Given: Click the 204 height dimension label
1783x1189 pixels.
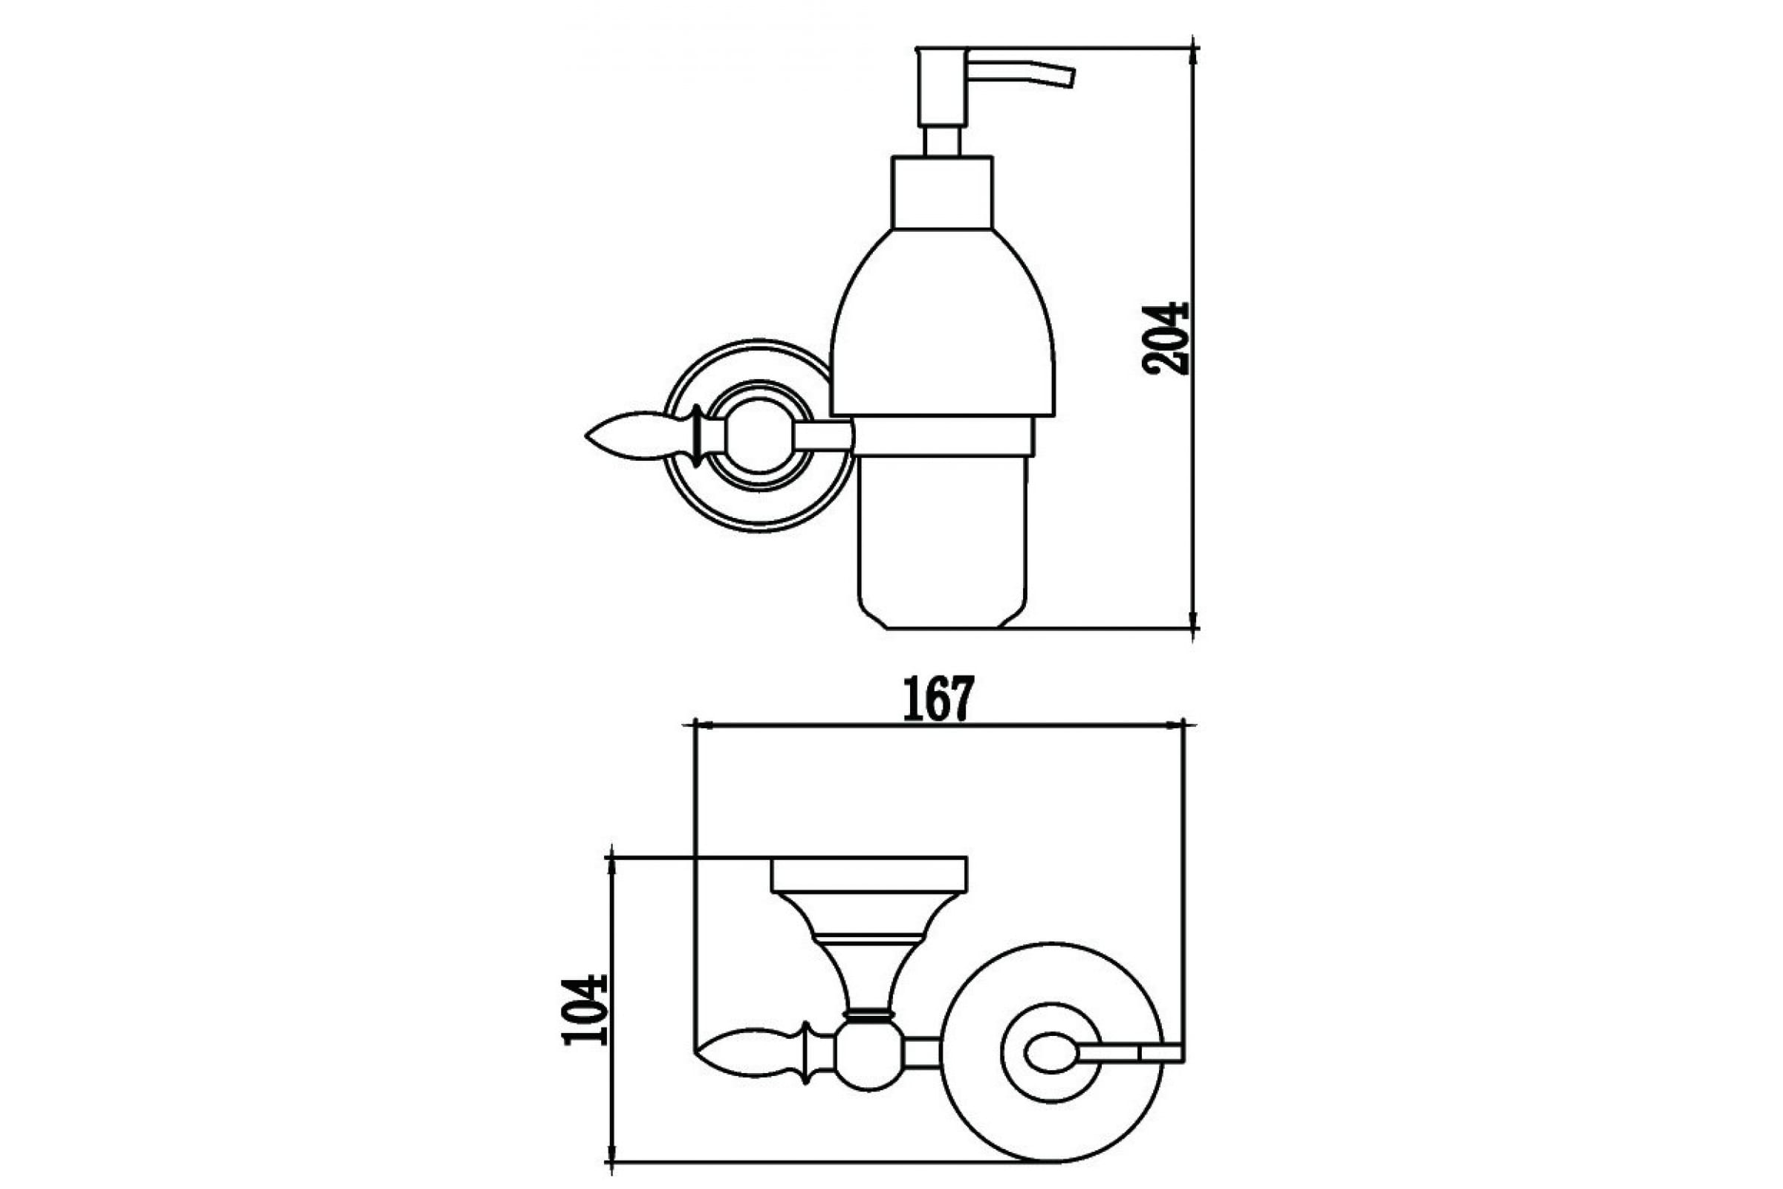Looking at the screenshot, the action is [1165, 338].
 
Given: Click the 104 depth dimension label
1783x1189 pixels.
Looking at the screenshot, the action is [586, 1010].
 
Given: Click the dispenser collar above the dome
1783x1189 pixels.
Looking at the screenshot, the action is [942, 192].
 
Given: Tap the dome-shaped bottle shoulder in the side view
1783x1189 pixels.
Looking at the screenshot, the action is [942, 323].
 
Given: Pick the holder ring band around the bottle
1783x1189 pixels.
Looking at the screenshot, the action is [942, 437].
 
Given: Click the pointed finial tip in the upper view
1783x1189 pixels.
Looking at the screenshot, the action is [586, 437].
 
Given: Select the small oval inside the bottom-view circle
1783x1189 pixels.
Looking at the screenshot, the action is [1050, 1053].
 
